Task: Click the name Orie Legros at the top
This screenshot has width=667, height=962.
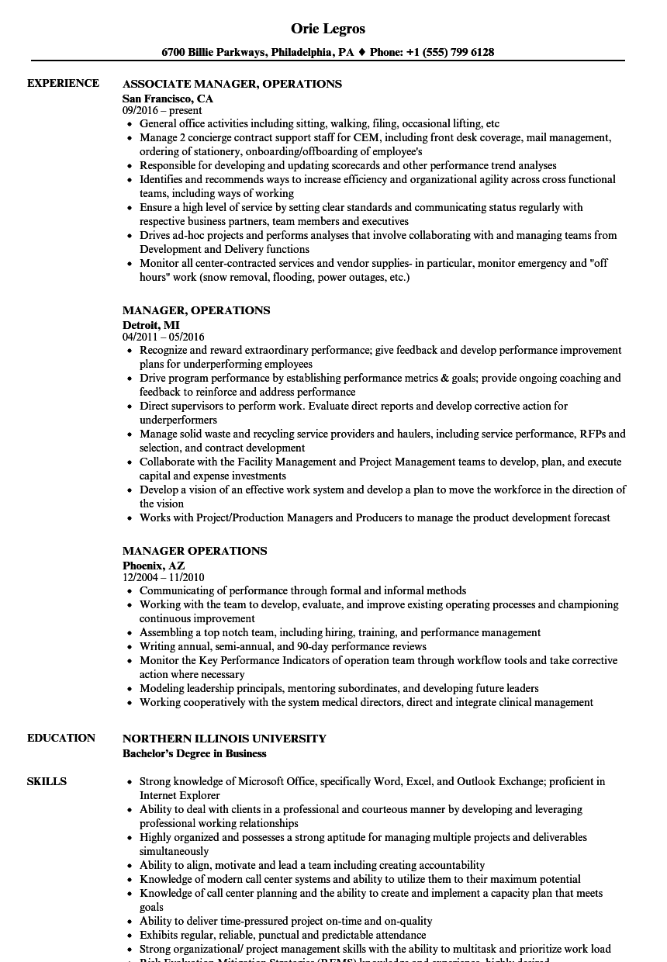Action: point(328,29)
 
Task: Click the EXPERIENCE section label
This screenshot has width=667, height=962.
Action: point(63,83)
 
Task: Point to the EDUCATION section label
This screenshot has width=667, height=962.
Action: point(61,738)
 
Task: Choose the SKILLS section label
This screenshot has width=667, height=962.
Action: point(47,781)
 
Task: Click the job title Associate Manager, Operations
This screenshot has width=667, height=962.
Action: point(232,84)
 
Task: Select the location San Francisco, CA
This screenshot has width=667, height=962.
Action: point(168,99)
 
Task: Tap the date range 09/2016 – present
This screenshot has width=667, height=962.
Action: point(162,111)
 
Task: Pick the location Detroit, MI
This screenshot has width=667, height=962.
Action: point(150,325)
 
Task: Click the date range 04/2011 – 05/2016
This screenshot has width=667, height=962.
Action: point(163,337)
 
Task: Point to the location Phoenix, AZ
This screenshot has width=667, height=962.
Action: point(154,566)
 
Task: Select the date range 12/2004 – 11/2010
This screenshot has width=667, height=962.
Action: point(163,578)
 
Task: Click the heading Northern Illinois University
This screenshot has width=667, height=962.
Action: point(224,739)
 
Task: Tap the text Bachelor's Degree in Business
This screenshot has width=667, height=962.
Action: point(194,753)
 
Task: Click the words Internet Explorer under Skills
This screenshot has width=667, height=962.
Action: point(179,795)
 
